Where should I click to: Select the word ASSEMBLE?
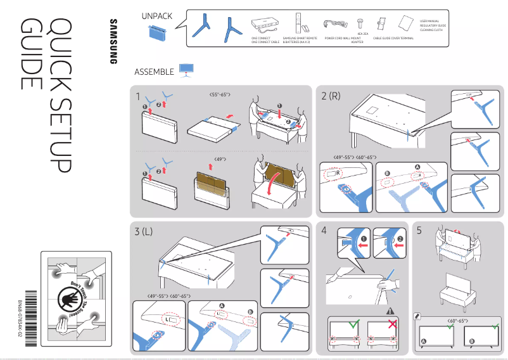154,72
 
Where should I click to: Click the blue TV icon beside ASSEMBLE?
186,70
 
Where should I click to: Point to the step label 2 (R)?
331,96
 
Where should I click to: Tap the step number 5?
419,231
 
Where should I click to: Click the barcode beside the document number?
22,310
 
